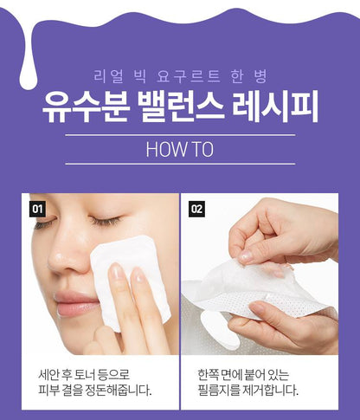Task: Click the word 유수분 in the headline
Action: (86, 107)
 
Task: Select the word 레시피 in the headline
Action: (275, 107)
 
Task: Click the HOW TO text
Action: (180, 149)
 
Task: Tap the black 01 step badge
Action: (37, 209)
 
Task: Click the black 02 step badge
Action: (197, 209)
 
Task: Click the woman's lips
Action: (76, 304)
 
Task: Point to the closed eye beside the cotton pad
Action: (106, 221)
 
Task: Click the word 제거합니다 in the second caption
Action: (271, 391)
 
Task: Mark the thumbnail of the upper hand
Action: (247, 255)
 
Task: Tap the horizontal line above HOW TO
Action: (180, 135)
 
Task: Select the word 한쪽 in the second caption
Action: (208, 375)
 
